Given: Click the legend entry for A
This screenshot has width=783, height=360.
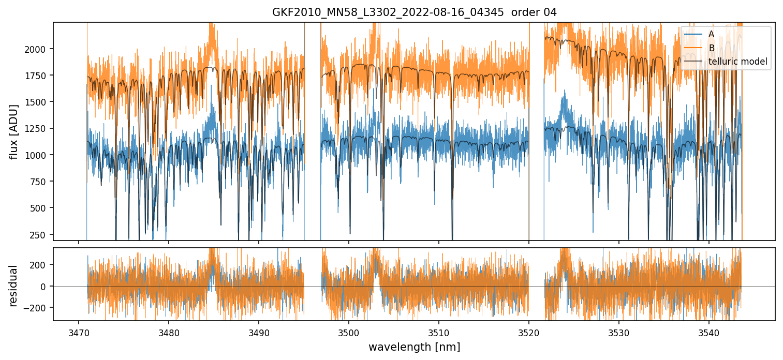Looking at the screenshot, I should (x=711, y=34).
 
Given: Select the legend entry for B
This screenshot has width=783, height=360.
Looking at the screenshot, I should (x=711, y=48).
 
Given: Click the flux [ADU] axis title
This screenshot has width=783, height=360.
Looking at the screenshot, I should (x=14, y=131).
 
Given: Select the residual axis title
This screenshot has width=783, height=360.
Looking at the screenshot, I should (x=14, y=286).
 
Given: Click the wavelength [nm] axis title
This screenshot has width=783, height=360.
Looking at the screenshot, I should (x=414, y=347).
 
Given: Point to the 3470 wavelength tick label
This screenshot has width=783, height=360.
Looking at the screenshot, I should (x=79, y=332).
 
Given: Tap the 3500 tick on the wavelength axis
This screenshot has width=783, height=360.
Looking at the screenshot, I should (x=349, y=332).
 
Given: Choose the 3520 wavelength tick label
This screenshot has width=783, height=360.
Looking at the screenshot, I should (x=529, y=332).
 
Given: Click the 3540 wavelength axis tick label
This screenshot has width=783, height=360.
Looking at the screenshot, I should (x=709, y=332).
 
